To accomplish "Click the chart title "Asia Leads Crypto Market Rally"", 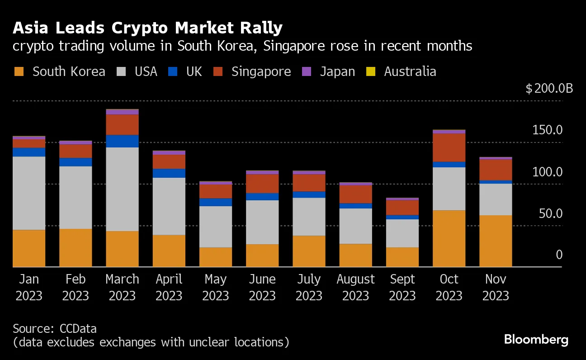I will point(148,28).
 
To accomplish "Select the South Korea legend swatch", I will point(19,71).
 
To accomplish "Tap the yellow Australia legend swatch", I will point(369,71).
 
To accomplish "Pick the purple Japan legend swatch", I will point(307,71).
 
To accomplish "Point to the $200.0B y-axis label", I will point(549,88).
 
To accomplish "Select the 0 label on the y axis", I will point(559,255).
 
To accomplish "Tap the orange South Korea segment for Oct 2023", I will point(449,238).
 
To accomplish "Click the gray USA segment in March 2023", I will point(122,189).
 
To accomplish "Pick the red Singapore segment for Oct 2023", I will point(449,147).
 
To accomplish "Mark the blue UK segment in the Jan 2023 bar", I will point(29,152).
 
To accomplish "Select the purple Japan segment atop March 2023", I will point(122,112).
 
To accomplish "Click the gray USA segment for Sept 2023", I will point(402,233).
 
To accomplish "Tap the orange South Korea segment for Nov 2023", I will point(496,241).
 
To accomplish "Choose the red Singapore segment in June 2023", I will point(262,184).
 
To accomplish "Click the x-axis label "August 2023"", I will point(355,288).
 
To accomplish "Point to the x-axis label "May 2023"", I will point(215,288).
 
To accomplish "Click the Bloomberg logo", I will point(536,340).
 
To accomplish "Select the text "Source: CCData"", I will point(55,328).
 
